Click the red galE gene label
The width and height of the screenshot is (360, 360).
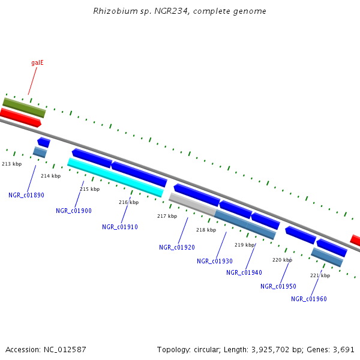37,62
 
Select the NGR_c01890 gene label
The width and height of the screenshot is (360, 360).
26,195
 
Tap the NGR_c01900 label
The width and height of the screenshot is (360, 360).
74,211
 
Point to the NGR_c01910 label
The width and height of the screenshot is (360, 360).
120,227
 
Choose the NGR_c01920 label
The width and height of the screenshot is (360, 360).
177,247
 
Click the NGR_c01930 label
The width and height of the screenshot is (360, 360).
215,261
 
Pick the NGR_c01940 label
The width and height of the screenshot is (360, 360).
244,272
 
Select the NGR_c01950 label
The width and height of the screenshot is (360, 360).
278,286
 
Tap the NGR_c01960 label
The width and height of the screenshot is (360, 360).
309,299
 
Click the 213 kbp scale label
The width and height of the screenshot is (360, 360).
12,164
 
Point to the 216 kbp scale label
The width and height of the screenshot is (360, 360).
128,202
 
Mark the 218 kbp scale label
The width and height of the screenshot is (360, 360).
206,230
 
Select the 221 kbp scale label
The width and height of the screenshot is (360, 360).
320,275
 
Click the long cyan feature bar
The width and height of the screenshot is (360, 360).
115,177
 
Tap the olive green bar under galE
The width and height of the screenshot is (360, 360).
24,107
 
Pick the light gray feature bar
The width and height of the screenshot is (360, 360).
192,204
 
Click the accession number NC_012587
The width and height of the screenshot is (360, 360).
66,349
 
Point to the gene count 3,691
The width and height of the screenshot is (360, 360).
344,349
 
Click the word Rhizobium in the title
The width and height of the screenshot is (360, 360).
110,11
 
